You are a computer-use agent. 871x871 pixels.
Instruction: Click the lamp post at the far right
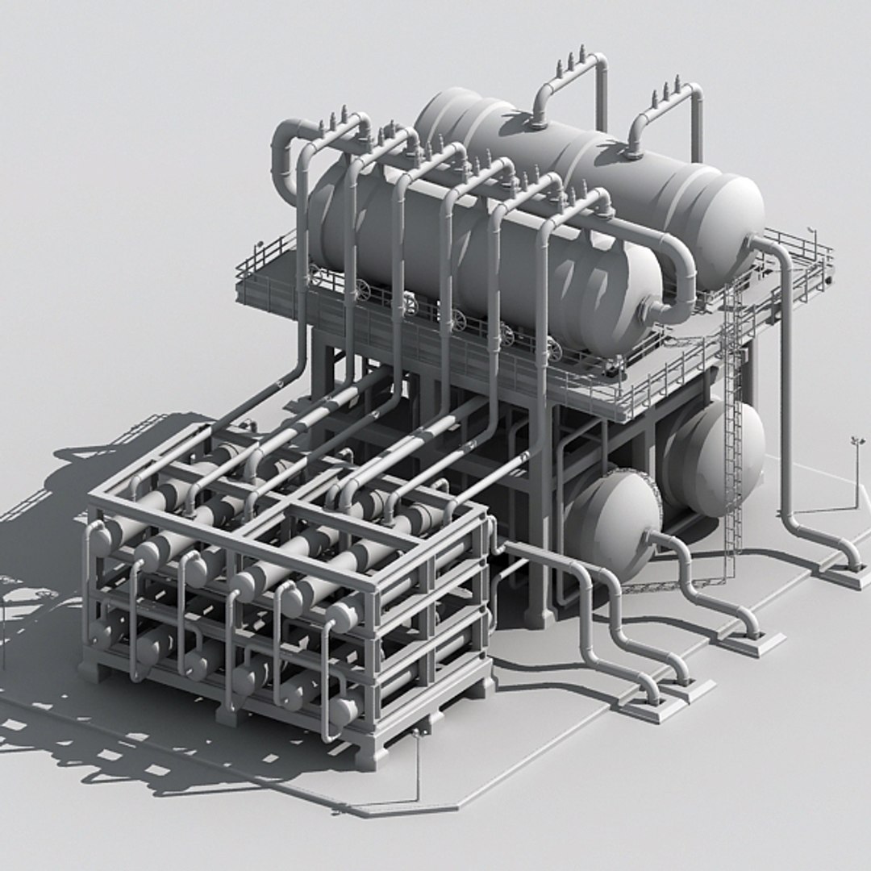click(856, 472)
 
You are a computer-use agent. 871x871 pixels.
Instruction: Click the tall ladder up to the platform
click(732, 427)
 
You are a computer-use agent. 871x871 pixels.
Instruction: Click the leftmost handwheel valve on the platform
click(362, 290)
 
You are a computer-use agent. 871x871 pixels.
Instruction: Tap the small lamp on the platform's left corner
click(260, 244)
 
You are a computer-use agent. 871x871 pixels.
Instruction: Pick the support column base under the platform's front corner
click(538, 617)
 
